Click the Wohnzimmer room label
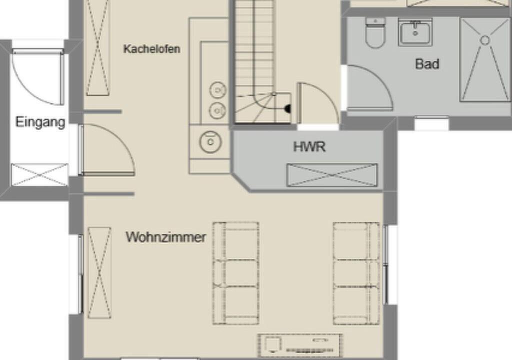tap(166, 237)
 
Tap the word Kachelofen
tap(152, 49)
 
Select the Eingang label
tap(40, 122)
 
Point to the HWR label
tap(309, 146)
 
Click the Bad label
tap(427, 63)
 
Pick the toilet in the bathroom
tap(375, 32)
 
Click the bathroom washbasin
tap(415, 32)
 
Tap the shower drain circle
tap(485, 40)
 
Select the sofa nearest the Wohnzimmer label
tap(236, 273)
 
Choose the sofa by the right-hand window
tap(356, 273)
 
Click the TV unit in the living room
tap(300, 345)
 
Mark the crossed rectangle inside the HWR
tap(332, 175)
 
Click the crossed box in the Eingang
tap(39, 175)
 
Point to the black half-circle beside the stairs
tap(287, 109)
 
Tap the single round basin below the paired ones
tap(210, 142)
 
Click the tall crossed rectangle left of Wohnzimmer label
tap(99, 273)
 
